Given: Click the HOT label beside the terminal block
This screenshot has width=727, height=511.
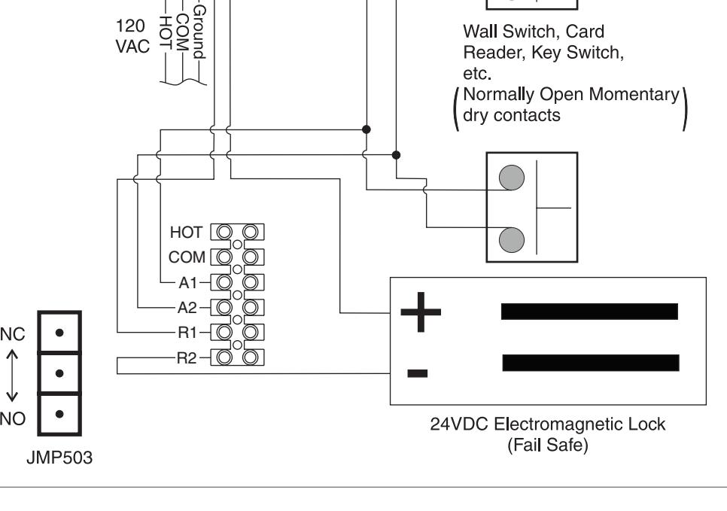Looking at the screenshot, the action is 187,233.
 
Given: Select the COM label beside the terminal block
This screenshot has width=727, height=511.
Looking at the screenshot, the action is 187,257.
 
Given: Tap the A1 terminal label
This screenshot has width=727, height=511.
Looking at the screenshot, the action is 188,282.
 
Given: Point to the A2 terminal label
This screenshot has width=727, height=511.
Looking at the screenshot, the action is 187,308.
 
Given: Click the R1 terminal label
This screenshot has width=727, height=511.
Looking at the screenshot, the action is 187,333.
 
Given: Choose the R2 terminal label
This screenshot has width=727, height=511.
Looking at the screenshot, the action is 187,358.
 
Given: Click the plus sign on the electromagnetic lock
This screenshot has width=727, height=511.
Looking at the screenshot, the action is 421,312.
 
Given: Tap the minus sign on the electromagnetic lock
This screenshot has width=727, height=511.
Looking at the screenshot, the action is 417,373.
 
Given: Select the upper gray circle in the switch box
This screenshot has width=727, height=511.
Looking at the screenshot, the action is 512,178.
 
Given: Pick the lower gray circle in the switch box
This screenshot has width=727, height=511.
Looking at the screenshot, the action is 512,240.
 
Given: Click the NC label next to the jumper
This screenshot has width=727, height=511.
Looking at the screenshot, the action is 13,334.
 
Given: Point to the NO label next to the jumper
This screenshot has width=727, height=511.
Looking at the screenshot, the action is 13,419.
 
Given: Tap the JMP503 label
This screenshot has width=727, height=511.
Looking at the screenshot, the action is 59,458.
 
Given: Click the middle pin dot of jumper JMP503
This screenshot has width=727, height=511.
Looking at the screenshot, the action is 59,373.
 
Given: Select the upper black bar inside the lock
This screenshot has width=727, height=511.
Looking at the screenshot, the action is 589,312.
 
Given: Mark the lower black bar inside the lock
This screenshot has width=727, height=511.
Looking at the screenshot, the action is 591,363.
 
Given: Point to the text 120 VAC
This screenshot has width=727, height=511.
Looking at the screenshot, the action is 132,36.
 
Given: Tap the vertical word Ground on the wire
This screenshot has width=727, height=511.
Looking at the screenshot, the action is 199,32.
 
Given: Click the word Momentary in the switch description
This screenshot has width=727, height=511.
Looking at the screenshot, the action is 634,95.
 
